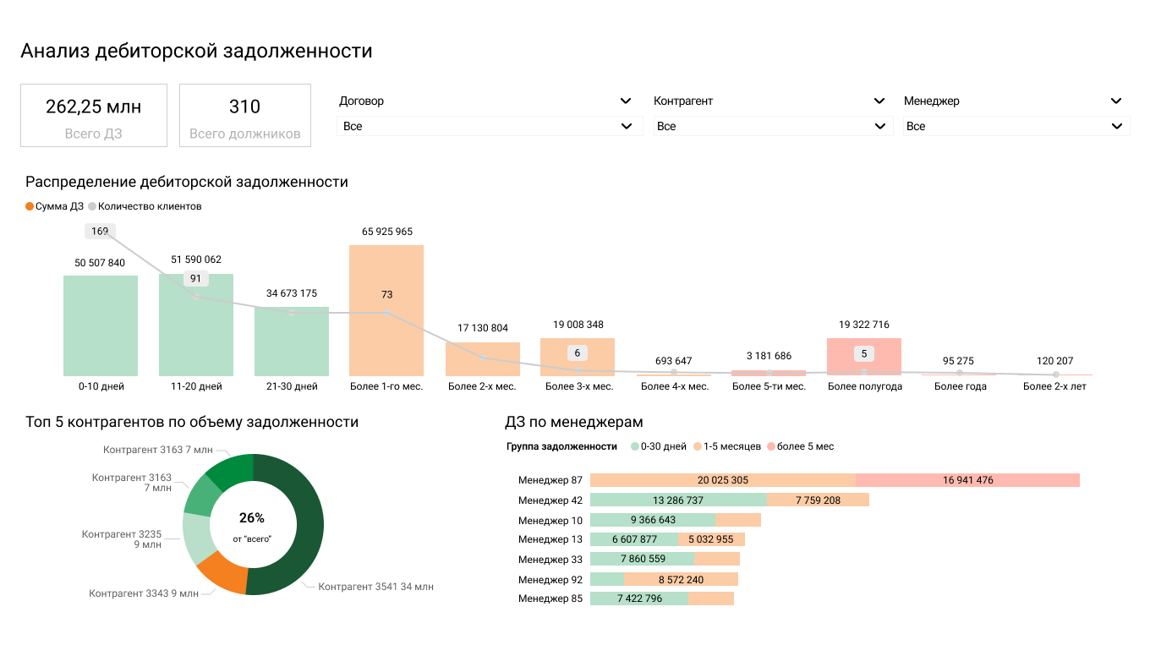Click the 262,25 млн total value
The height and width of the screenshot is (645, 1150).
click(x=93, y=107)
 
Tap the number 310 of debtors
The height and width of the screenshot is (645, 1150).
click(x=244, y=107)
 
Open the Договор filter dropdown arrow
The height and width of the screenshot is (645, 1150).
click(x=626, y=101)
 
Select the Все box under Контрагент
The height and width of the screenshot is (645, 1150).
click(x=772, y=126)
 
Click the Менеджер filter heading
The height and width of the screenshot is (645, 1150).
click(x=932, y=101)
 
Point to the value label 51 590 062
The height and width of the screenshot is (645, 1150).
click(x=195, y=260)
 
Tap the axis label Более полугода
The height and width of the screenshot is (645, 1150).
click(x=864, y=386)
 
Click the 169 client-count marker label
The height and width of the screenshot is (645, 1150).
click(x=100, y=231)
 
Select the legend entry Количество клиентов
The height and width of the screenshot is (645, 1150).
click(x=149, y=206)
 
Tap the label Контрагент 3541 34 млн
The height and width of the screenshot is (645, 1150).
click(x=375, y=587)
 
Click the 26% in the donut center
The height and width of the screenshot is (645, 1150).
click(x=252, y=518)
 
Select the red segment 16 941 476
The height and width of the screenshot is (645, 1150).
click(x=967, y=480)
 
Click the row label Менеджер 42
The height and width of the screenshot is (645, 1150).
click(x=550, y=500)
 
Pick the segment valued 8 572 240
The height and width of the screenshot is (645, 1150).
click(x=681, y=580)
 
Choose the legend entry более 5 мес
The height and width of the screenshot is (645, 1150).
click(x=804, y=446)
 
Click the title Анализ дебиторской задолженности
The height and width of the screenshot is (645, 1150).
click(x=196, y=51)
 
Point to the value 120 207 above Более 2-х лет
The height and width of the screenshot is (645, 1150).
click(x=1054, y=361)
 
